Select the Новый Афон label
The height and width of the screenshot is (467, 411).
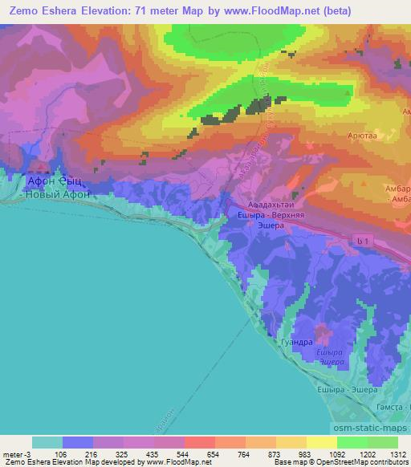(x=58, y=194)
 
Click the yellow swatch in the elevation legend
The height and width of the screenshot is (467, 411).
(x=321, y=442)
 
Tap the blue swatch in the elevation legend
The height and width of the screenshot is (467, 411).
(x=77, y=442)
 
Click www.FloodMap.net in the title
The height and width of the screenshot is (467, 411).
(x=265, y=10)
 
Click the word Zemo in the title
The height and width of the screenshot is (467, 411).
(x=23, y=10)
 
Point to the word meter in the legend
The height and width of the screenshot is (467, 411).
(x=13, y=453)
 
